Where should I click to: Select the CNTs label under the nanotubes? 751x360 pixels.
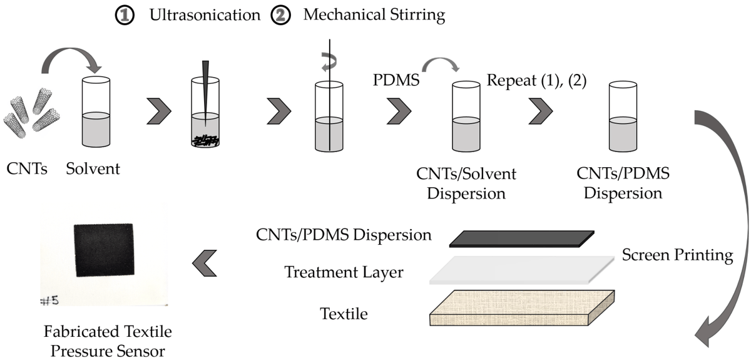[x=26, y=168]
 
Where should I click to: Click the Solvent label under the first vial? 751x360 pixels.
[x=93, y=168]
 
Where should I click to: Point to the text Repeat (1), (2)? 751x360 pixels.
[x=536, y=81]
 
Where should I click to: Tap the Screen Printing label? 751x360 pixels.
[x=677, y=255]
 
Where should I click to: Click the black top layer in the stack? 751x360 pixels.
[x=523, y=238]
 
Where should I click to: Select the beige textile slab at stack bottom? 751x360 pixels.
[x=523, y=306]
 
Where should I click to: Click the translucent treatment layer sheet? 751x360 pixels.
[x=523, y=269]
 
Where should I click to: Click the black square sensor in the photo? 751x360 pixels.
[x=104, y=250]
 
